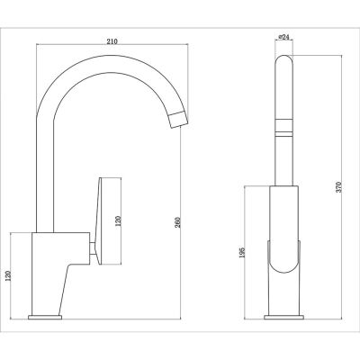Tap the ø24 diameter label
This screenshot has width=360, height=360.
point(282,38)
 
